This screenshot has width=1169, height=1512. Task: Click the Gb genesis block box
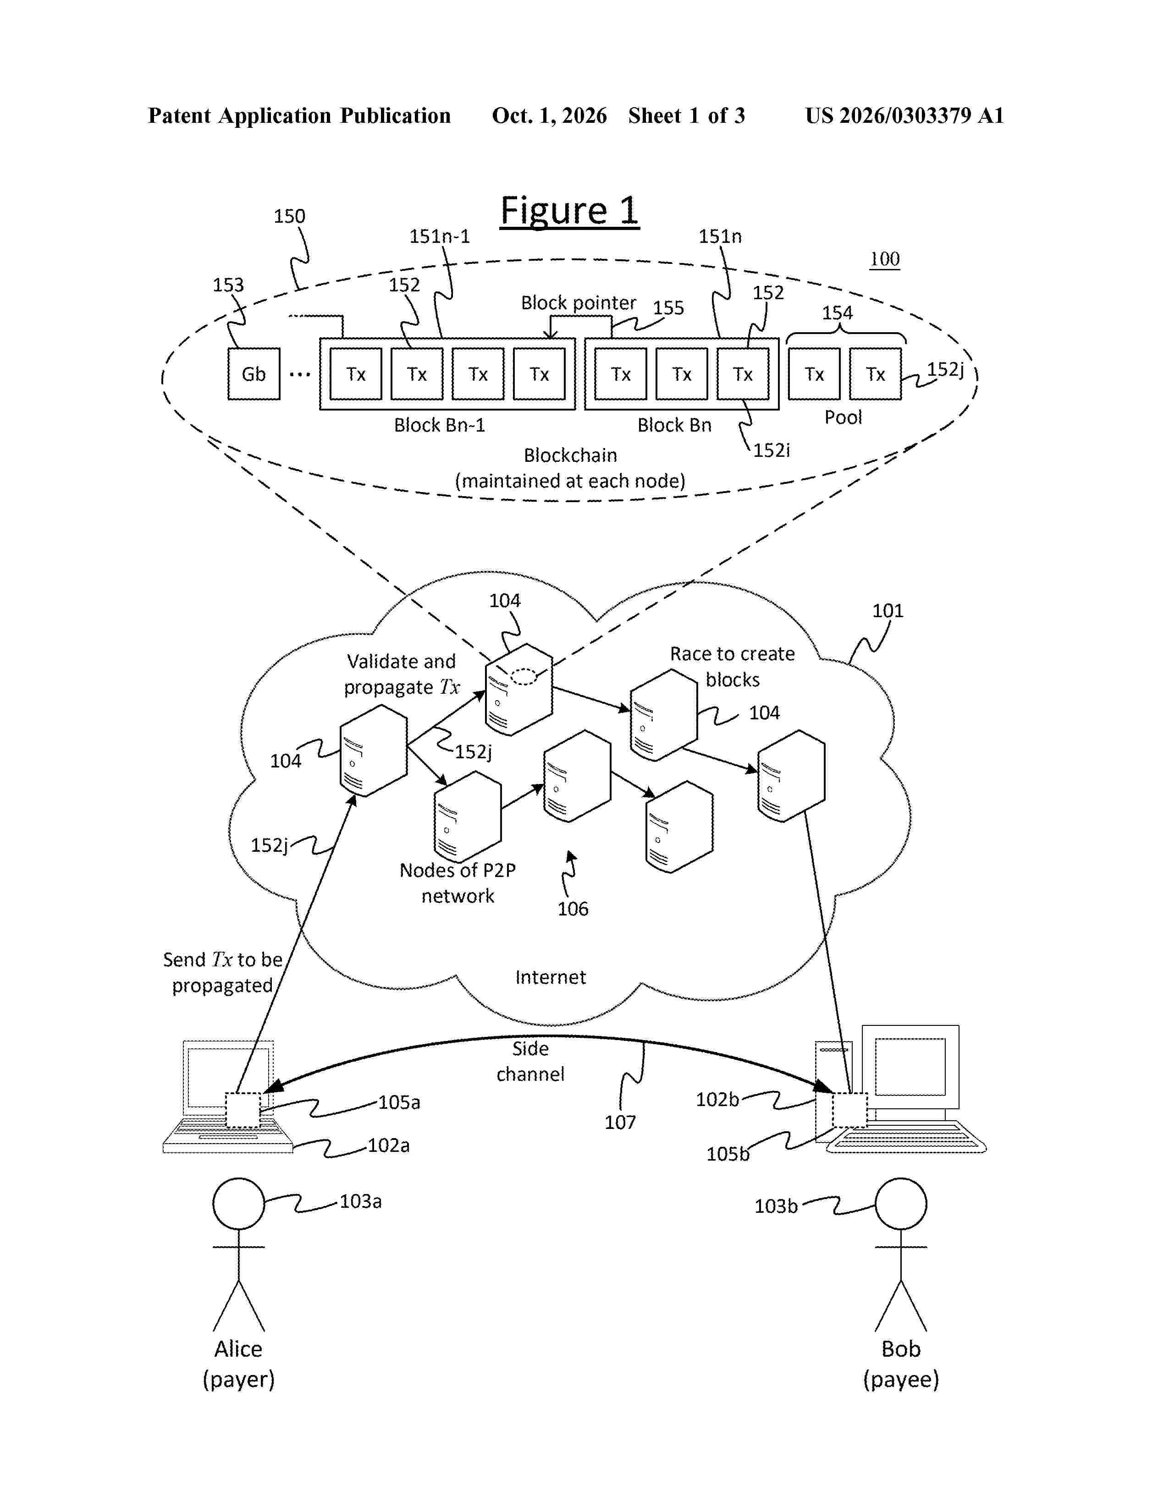(254, 374)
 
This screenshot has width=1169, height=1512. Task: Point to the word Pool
(843, 417)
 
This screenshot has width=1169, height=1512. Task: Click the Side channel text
(530, 1061)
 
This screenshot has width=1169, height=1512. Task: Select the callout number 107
(620, 1122)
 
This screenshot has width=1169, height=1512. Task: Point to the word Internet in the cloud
(551, 977)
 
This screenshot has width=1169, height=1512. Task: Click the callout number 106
(573, 909)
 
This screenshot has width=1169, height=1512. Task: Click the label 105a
(399, 1102)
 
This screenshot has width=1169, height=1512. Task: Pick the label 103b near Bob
(776, 1206)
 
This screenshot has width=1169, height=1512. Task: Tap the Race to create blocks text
(732, 667)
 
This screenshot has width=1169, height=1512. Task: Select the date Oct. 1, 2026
(549, 115)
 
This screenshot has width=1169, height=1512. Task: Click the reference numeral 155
(668, 307)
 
